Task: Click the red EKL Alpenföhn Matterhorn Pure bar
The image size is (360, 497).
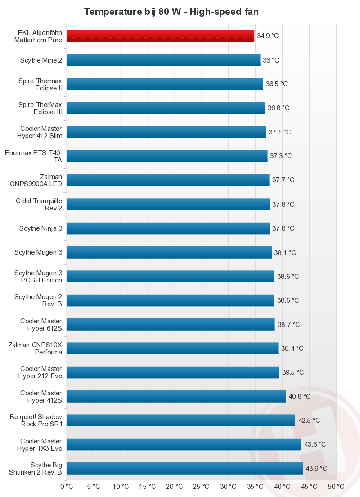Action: click(160, 36)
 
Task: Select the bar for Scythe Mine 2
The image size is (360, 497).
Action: click(163, 60)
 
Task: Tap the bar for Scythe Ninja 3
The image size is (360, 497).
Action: click(168, 228)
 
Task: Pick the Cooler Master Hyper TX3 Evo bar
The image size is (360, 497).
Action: click(184, 444)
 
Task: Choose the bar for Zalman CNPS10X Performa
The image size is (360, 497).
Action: click(172, 348)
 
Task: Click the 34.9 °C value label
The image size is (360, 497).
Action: click(268, 36)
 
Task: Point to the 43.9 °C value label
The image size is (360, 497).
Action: click(316, 469)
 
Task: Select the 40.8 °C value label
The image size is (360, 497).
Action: click(300, 397)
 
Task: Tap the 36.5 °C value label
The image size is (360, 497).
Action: click(277, 84)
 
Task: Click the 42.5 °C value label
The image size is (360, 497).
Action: click(309, 421)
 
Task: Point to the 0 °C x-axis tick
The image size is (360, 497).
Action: click(67, 487)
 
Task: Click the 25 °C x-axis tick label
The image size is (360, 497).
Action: click(202, 487)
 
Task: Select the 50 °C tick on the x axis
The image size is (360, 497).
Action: click(336, 487)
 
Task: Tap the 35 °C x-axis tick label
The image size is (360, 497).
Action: click(256, 487)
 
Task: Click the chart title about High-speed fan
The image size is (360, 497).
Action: click(171, 12)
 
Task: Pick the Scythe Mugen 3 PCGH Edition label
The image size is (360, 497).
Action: click(38, 277)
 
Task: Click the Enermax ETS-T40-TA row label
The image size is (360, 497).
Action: click(34, 157)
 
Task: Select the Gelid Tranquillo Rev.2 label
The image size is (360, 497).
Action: click(39, 204)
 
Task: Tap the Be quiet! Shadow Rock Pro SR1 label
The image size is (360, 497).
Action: click(36, 421)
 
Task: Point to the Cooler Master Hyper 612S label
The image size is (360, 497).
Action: click(41, 325)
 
